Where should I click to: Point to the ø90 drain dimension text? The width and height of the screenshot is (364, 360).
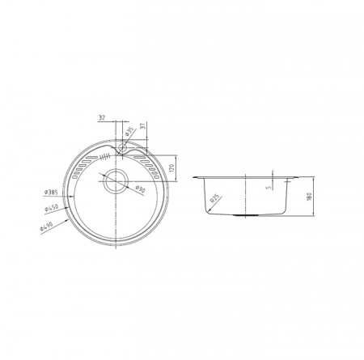[x=140, y=190]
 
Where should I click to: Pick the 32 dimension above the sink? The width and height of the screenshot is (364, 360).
[x=102, y=117]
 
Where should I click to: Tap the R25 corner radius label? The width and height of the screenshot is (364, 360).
[x=215, y=197]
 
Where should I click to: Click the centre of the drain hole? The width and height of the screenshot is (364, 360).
[x=116, y=180]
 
